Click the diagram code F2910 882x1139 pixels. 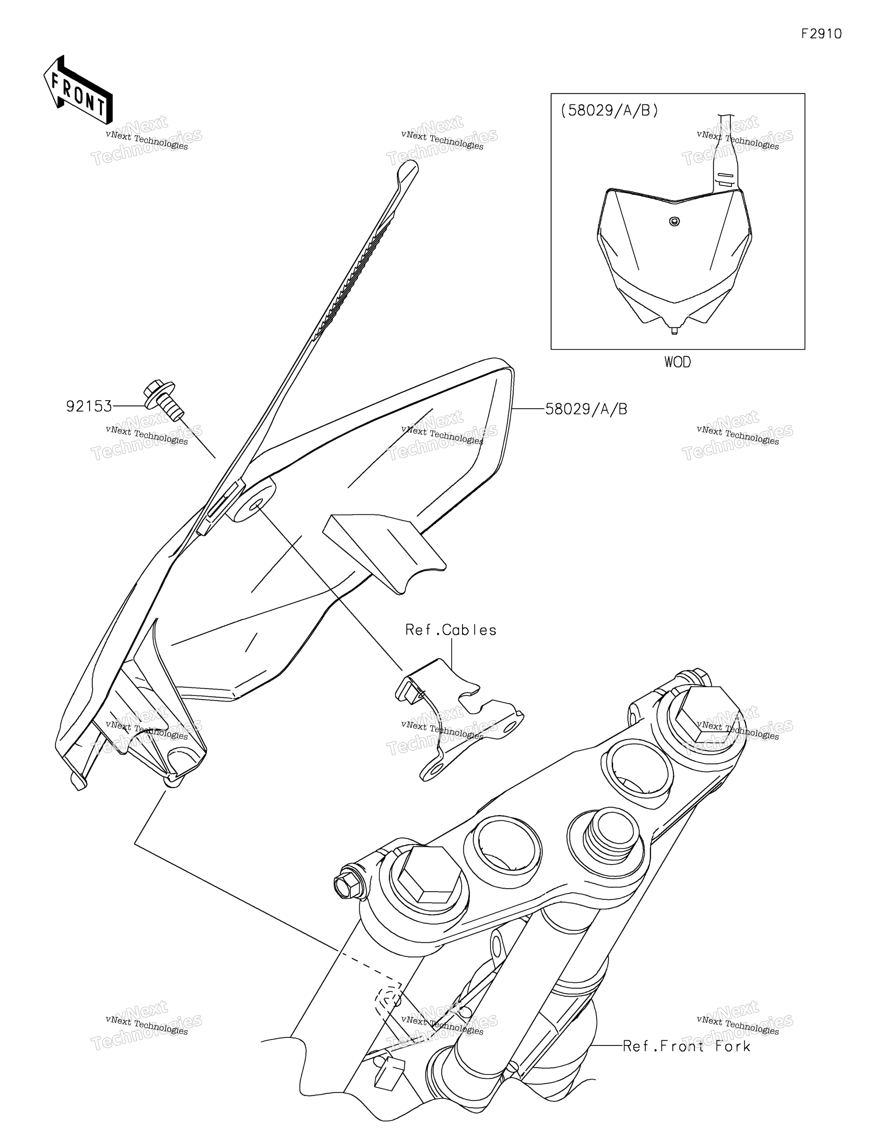pos(821,34)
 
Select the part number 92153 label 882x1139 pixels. pos(89,406)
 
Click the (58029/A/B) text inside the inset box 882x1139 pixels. pos(610,110)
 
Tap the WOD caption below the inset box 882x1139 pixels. pos(677,362)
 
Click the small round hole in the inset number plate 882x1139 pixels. pos(674,222)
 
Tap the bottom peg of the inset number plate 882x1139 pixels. pos(674,330)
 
